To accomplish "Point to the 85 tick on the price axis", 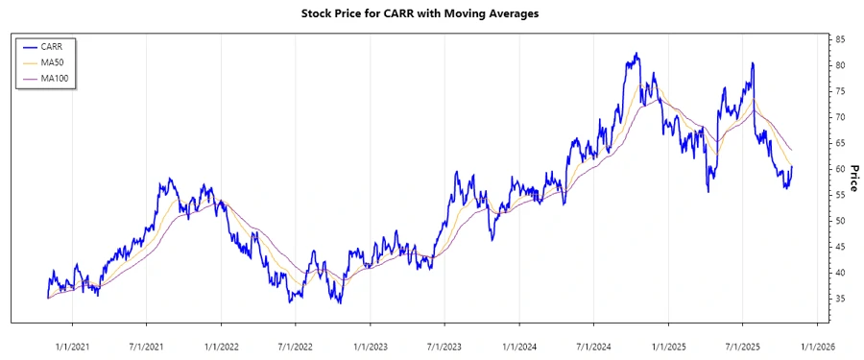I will click(x=840, y=39).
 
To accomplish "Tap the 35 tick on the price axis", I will click(x=840, y=299).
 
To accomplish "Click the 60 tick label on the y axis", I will click(x=840, y=169).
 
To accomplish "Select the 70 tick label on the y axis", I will click(x=840, y=117).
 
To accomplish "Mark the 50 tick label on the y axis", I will click(x=840, y=221).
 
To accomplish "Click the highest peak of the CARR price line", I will click(x=636, y=54).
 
